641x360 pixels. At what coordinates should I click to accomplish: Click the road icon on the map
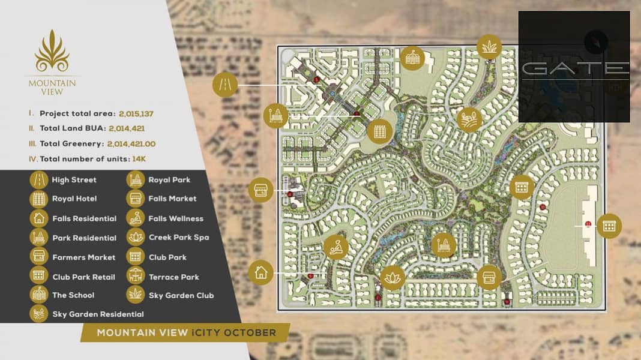coord(225,85)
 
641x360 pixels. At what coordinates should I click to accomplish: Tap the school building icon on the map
coord(412,58)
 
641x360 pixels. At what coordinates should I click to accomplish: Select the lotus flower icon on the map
coord(393,278)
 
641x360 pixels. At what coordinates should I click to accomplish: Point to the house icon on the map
coord(261,272)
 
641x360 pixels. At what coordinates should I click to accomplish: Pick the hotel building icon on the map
coord(379,130)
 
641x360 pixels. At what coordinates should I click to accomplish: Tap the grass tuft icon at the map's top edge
coord(489,47)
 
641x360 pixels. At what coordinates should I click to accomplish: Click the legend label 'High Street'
coord(74,179)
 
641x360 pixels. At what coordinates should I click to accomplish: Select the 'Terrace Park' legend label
coord(173,277)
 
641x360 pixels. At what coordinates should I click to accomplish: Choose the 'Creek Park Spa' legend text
coord(179,238)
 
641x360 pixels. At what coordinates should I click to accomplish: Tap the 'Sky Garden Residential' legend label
coord(98,314)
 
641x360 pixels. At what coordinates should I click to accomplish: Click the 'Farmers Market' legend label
coord(83,257)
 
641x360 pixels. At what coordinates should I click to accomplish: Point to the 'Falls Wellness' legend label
coord(176,218)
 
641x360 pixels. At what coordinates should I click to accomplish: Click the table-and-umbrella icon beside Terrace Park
coord(136,276)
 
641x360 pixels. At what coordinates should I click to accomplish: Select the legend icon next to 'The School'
coord(39,295)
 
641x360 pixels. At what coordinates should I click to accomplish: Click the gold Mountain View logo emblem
coord(52,55)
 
